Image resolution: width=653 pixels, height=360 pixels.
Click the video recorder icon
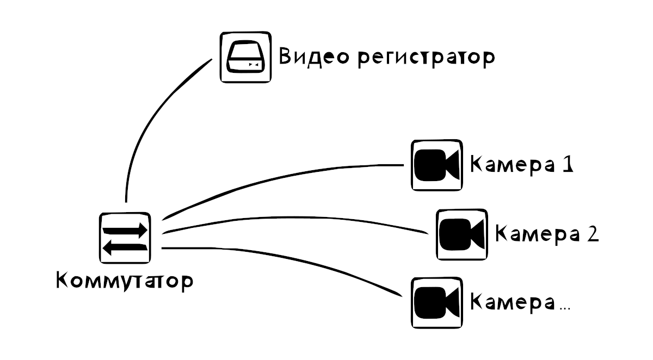pos(245,57)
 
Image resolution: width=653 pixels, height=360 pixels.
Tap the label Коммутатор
pos(125,282)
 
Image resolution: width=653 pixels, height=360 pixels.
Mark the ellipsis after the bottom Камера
pos(565,308)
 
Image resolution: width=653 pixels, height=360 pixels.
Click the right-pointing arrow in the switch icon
pos(126,229)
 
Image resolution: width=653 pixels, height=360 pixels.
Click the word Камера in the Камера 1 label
pos(508,165)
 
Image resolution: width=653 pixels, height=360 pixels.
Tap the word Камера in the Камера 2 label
pos(534,234)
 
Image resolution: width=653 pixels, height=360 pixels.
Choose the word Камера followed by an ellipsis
pos(508,302)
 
